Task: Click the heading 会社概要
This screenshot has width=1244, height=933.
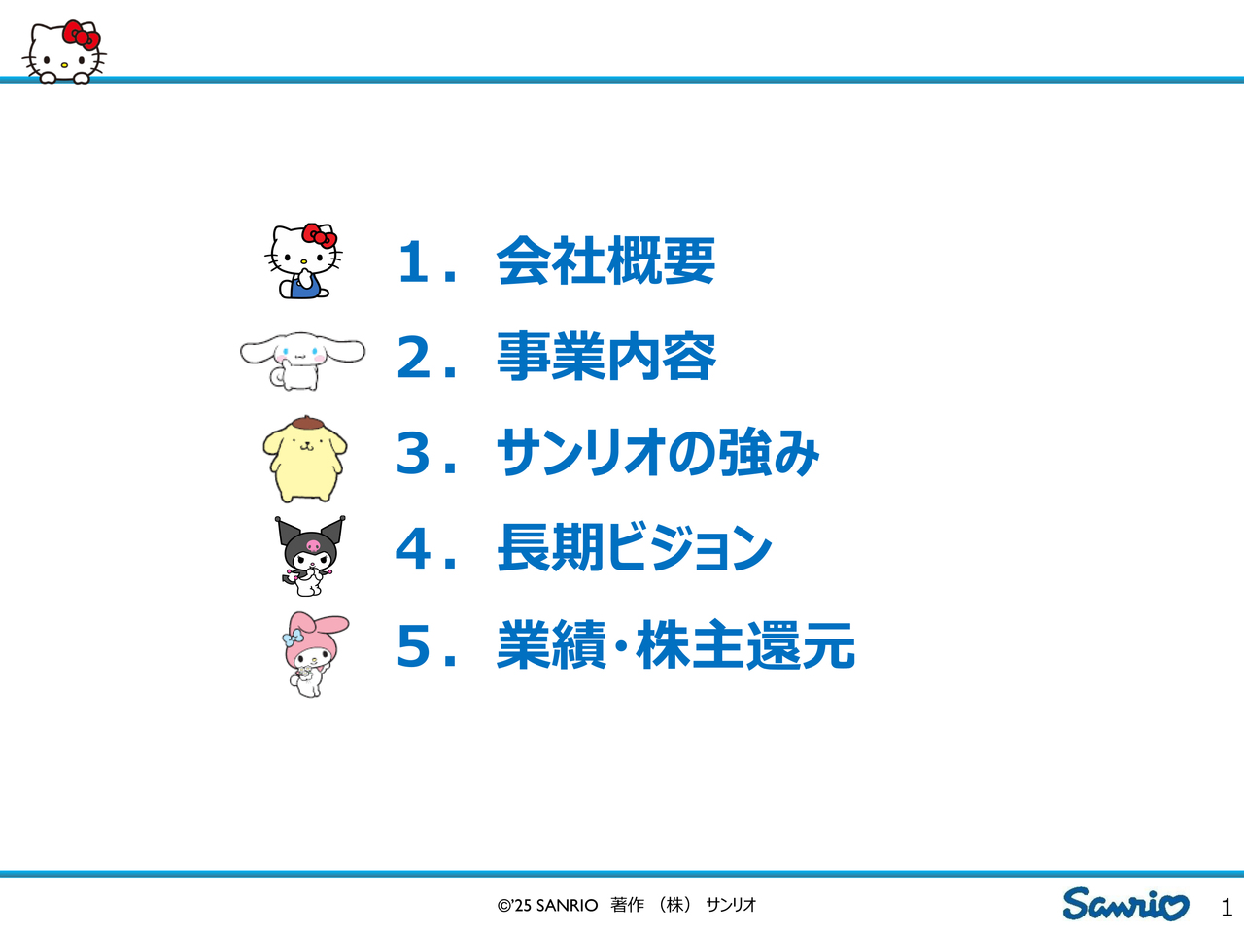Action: [x=605, y=260]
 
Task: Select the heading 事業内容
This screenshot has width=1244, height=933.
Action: [x=605, y=357]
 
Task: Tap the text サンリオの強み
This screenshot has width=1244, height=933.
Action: [x=657, y=452]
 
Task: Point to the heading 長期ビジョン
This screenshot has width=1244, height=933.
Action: [x=635, y=547]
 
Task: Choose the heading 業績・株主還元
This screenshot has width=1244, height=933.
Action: [x=675, y=644]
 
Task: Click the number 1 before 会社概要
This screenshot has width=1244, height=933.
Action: [x=413, y=261]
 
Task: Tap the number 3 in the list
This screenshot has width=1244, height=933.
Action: [x=413, y=453]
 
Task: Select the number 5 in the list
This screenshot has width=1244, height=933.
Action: [x=413, y=645]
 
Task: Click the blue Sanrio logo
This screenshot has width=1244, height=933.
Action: [x=1125, y=904]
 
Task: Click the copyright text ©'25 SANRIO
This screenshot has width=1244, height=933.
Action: [x=547, y=905]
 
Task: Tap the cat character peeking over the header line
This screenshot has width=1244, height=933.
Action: [x=64, y=52]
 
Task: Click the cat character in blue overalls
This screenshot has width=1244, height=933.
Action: [x=304, y=260]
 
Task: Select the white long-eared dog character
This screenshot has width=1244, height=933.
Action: [x=302, y=361]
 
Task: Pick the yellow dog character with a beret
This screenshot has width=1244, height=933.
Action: [x=305, y=459]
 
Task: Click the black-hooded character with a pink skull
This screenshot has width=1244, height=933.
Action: [x=310, y=556]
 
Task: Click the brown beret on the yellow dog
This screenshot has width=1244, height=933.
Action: [x=306, y=423]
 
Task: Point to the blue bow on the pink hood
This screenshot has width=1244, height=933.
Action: [x=293, y=638]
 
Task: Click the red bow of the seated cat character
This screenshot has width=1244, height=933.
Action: [x=319, y=234]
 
